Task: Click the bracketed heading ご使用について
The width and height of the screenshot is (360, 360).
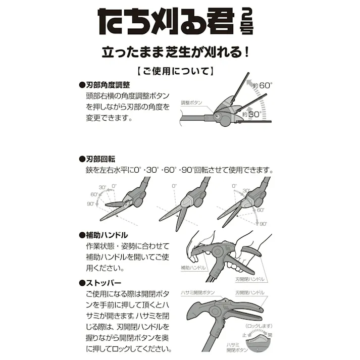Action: (179, 71)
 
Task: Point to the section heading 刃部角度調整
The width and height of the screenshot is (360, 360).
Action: (105, 85)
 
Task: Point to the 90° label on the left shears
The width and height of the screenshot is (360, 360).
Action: (90, 204)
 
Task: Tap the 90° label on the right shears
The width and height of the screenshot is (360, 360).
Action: (264, 224)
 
